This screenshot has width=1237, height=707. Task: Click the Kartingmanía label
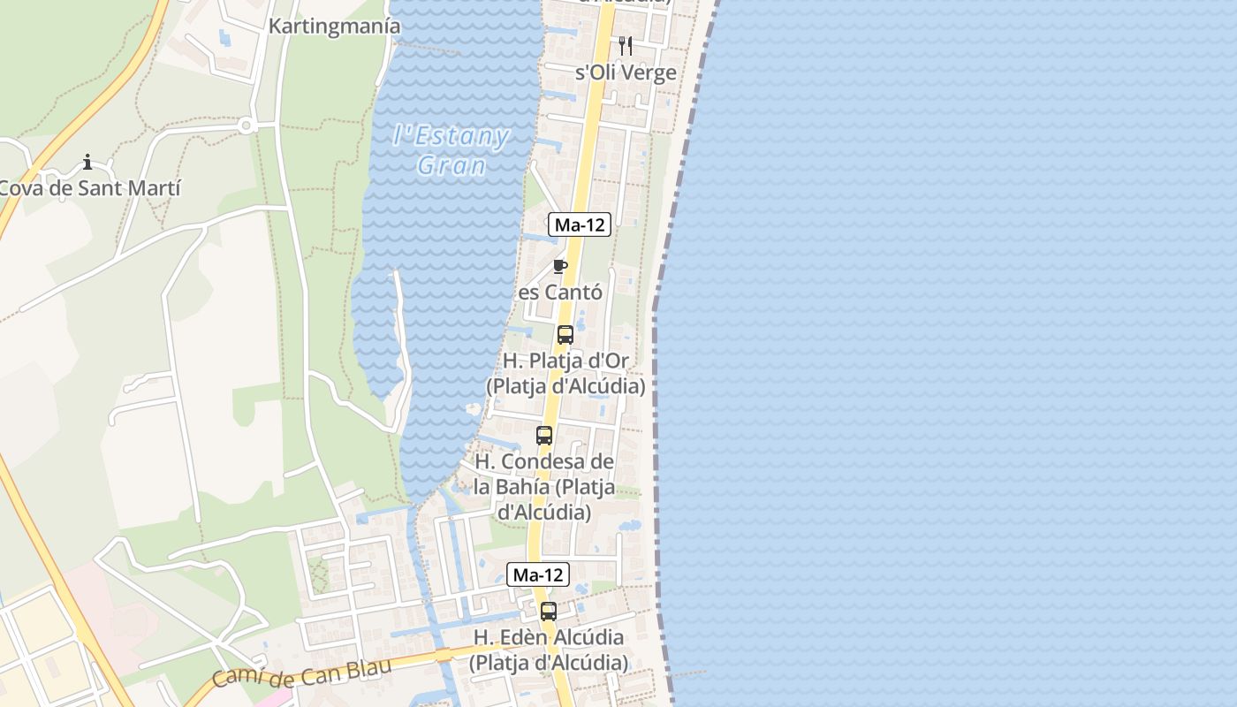click(x=334, y=27)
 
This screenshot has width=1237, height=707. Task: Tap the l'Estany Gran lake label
click(x=452, y=150)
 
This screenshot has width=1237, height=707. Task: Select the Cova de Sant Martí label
click(x=89, y=188)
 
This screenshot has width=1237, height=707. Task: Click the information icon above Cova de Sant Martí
click(x=87, y=162)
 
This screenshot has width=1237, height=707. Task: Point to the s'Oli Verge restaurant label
click(x=626, y=72)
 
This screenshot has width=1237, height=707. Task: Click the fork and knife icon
click(x=626, y=45)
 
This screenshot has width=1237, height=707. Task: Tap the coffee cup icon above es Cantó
click(x=559, y=266)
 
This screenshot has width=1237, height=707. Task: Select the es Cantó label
click(x=560, y=292)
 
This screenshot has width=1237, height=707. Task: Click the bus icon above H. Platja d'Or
click(x=565, y=335)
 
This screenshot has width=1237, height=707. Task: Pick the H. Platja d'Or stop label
click(x=565, y=374)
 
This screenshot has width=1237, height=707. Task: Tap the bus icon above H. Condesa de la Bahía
click(x=544, y=436)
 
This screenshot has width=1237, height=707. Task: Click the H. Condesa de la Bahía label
click(x=544, y=487)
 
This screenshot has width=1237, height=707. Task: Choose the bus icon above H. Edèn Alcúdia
click(x=549, y=611)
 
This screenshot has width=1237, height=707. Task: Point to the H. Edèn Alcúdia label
click(x=549, y=650)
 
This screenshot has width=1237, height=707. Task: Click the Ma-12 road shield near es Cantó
click(x=580, y=224)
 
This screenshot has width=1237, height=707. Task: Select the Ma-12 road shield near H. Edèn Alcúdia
click(x=538, y=574)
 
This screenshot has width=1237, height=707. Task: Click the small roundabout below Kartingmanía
click(x=247, y=126)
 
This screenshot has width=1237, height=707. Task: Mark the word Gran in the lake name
click(x=452, y=165)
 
